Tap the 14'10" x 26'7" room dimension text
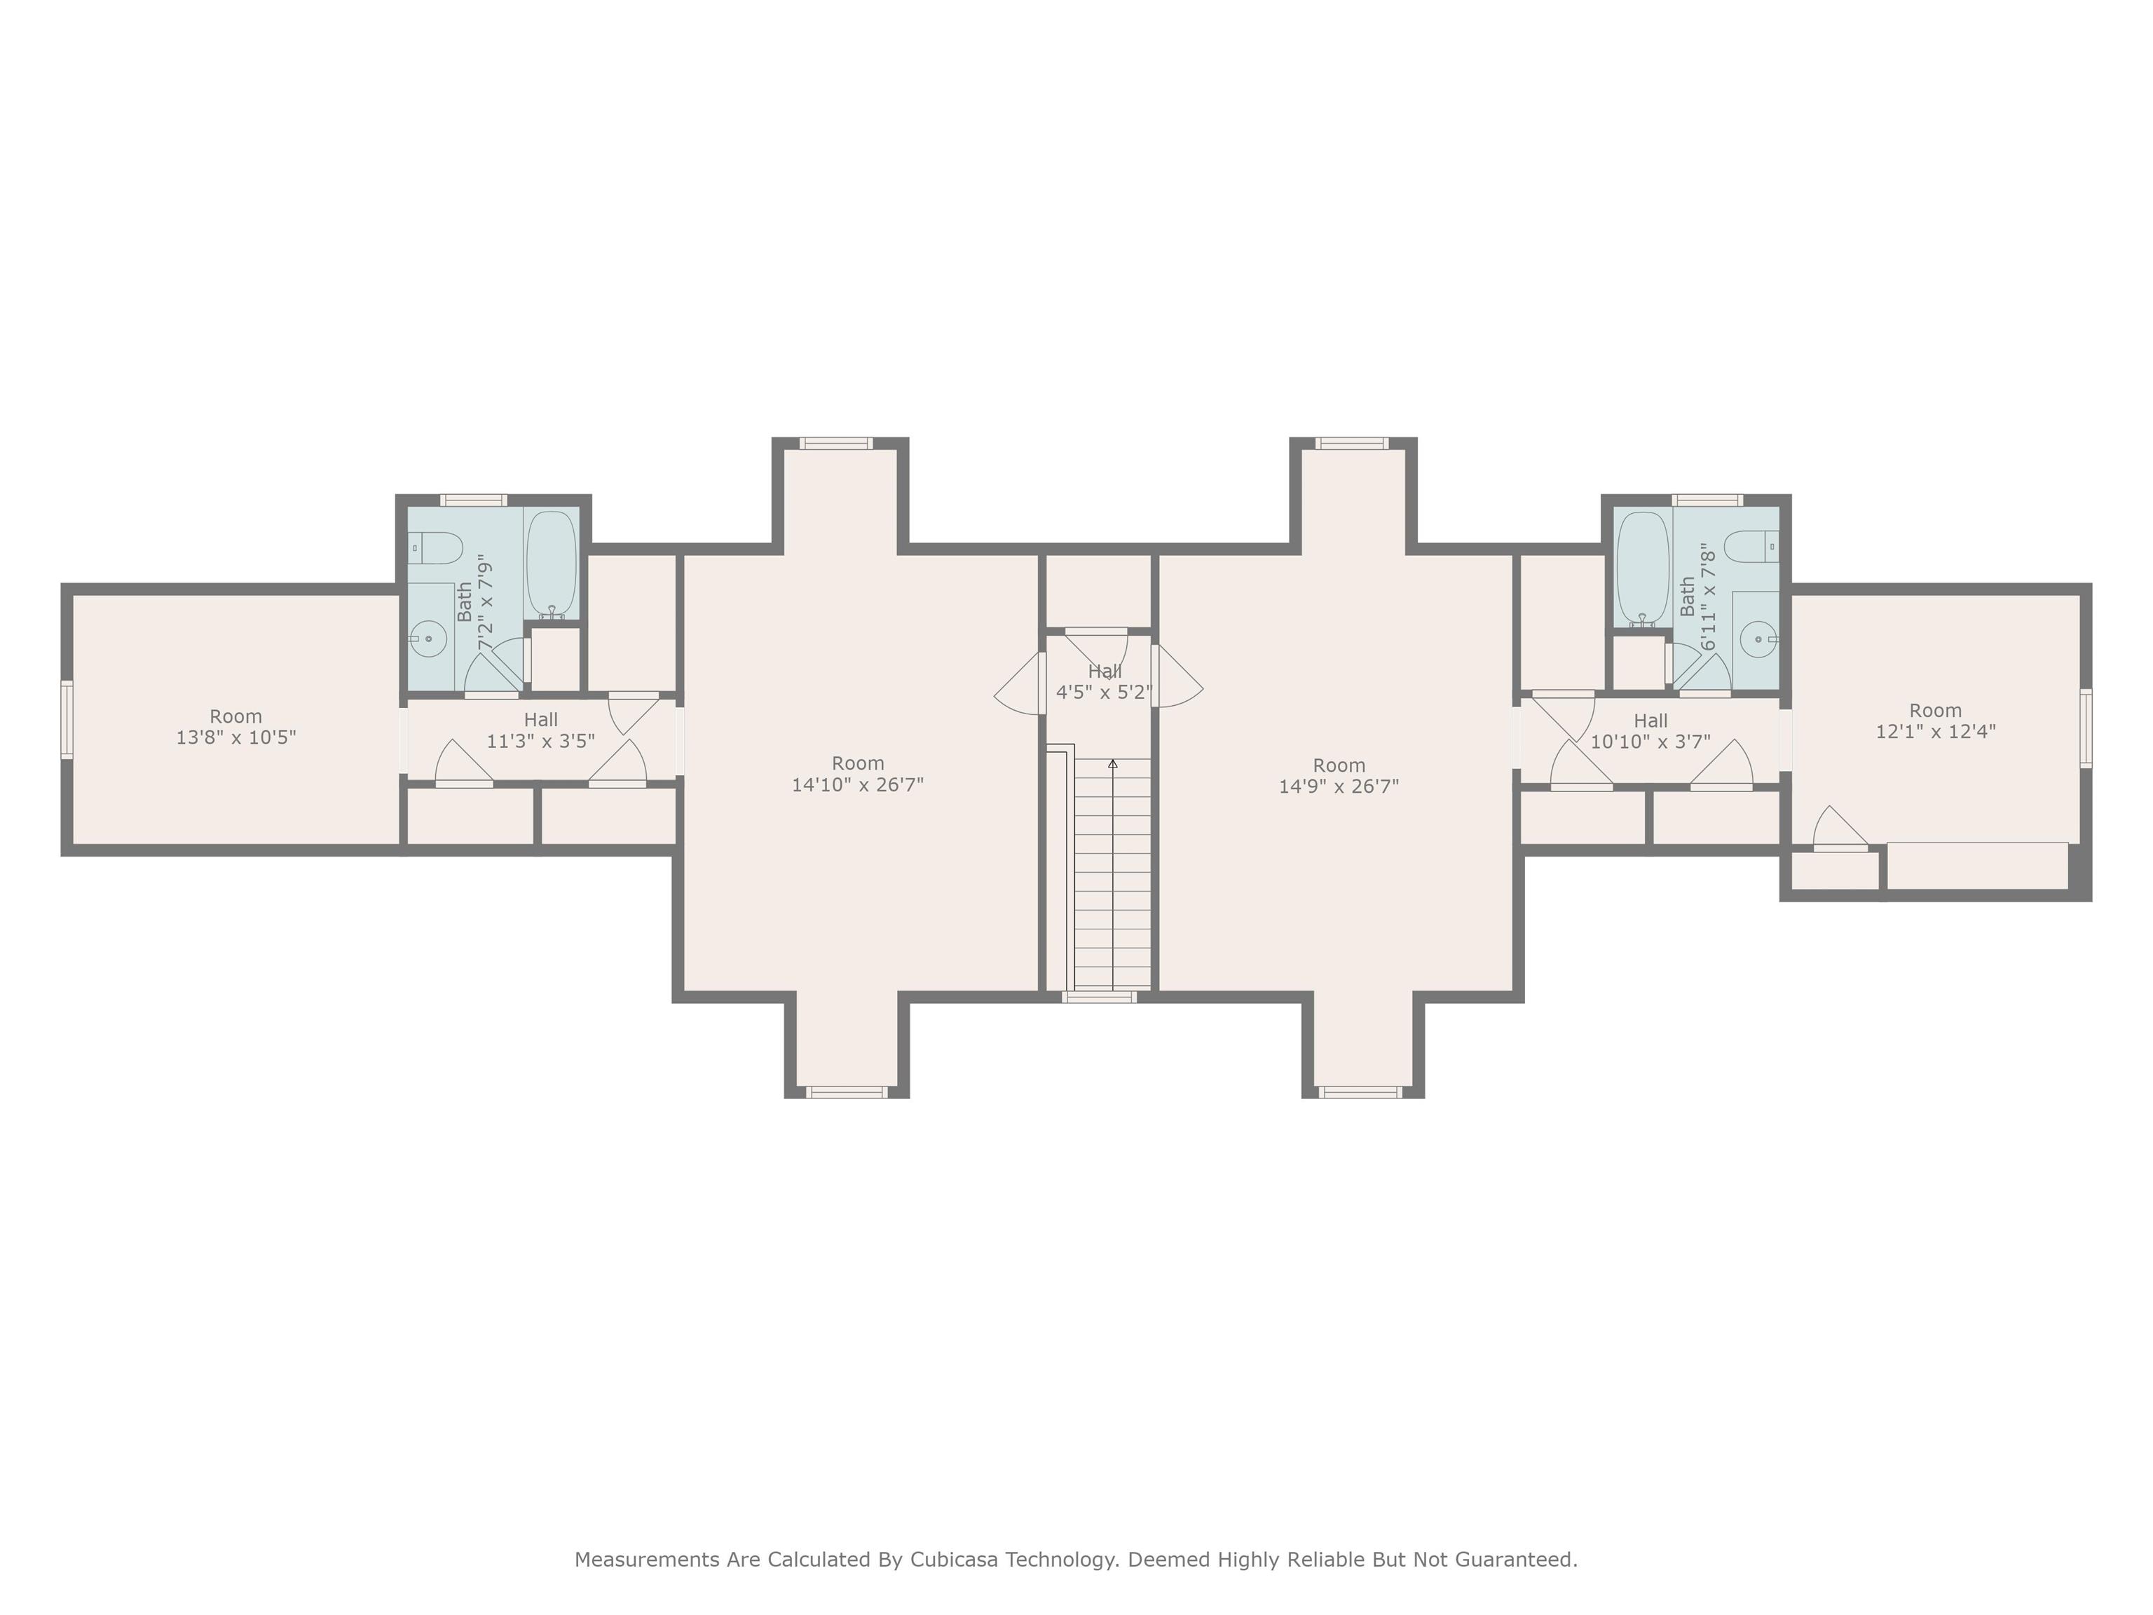tap(858, 784)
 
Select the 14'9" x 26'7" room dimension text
tap(1339, 786)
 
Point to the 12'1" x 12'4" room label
tap(1935, 731)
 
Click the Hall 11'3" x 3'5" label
tap(540, 730)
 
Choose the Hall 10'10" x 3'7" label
tap(1650, 731)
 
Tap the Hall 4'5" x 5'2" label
tap(1104, 681)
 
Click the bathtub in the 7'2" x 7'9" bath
tap(551, 564)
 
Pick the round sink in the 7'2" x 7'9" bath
tap(428, 639)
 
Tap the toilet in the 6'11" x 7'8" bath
tap(1751, 547)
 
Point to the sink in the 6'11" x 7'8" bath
tap(1760, 639)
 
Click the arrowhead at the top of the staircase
tap(1112, 764)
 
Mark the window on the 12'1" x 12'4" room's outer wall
tap(2086, 728)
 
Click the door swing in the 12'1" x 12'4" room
tap(1838, 827)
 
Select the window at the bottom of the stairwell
tap(1099, 997)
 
